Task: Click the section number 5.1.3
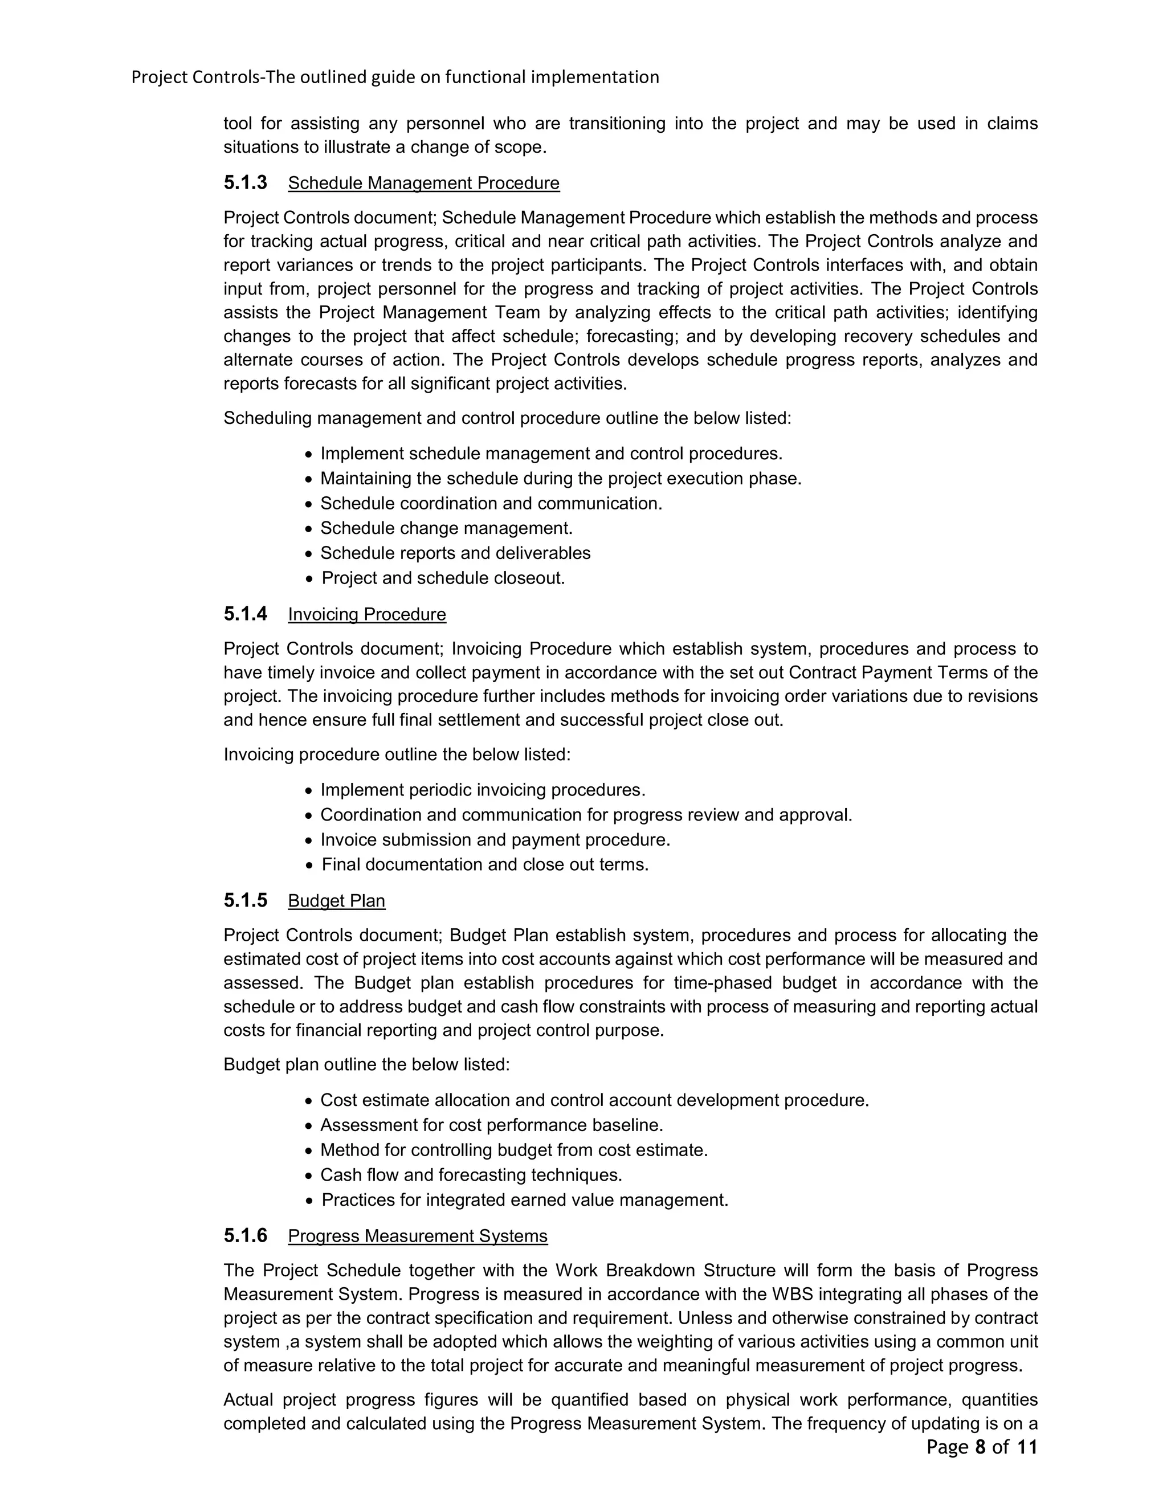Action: (x=244, y=182)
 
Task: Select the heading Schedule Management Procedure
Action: (x=423, y=183)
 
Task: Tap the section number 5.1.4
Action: (x=244, y=614)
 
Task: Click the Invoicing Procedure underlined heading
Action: (x=366, y=615)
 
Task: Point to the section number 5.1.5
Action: (x=244, y=900)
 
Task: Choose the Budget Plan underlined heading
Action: (x=336, y=901)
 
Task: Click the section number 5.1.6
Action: (x=244, y=1235)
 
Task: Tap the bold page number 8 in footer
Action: (x=979, y=1447)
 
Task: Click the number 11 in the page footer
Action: (x=1027, y=1447)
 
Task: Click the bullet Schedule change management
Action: (x=446, y=528)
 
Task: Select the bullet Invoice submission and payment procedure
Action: (x=495, y=840)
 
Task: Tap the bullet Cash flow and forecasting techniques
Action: (x=471, y=1175)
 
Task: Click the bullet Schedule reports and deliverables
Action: (x=455, y=553)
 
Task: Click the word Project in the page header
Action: (x=159, y=77)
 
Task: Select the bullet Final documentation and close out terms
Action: (x=485, y=865)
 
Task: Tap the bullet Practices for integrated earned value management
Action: (x=524, y=1199)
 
